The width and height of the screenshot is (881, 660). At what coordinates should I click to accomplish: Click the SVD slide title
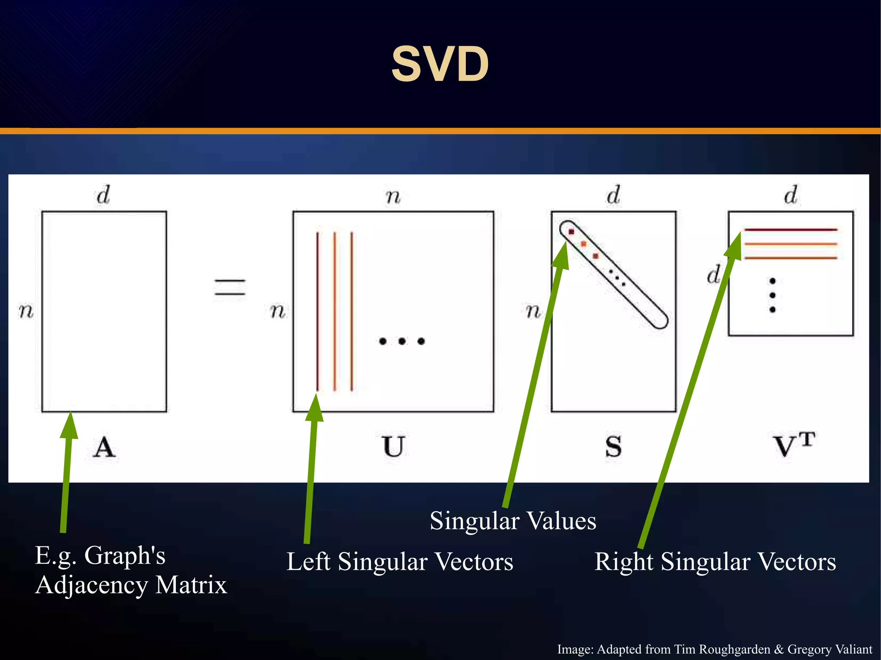[x=440, y=64]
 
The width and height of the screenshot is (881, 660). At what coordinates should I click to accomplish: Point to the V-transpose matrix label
[x=794, y=445]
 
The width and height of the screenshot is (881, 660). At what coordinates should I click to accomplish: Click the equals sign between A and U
[x=230, y=287]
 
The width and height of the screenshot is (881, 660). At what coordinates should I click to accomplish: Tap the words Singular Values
[x=513, y=521]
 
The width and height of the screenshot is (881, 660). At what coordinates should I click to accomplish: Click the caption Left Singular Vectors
[x=400, y=562]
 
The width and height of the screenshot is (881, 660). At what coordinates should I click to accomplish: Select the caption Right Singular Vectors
[x=715, y=562]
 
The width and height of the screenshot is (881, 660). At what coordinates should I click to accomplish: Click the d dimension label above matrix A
[x=103, y=195]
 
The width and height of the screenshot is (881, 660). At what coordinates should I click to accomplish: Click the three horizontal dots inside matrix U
[x=402, y=341]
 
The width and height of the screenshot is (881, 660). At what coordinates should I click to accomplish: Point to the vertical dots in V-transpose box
[x=772, y=295]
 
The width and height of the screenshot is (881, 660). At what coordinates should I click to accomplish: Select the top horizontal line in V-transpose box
[x=791, y=230]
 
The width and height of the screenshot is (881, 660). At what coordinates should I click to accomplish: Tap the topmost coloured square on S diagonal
[x=571, y=232]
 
